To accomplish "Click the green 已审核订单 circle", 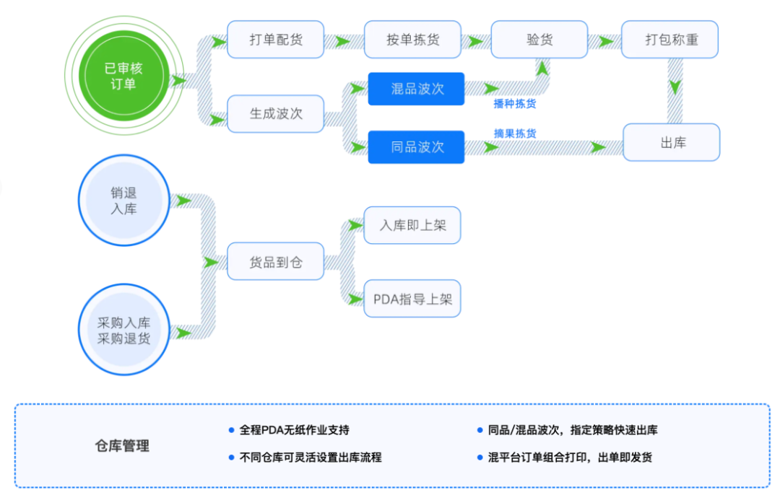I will point(123,76).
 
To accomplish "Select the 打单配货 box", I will point(275,40).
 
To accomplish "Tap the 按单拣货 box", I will point(412,40).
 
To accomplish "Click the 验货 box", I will point(539,40).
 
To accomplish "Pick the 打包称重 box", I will point(671,40).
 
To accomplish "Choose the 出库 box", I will point(671,142).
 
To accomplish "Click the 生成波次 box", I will point(275,113).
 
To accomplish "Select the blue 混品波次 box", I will point(416,89).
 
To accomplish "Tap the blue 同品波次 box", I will point(416,147).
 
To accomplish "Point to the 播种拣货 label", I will point(514,104).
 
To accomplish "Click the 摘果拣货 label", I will point(514,133).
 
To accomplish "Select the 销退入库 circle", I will point(123,201).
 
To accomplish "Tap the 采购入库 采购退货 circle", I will point(123,330).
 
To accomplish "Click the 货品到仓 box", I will point(275,262).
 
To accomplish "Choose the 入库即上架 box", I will point(412,225).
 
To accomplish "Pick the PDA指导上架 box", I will point(412,299).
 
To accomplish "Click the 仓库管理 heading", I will point(122,446).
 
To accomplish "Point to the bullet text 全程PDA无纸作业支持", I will point(294,430).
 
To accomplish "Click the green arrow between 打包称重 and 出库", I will point(674,87).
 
